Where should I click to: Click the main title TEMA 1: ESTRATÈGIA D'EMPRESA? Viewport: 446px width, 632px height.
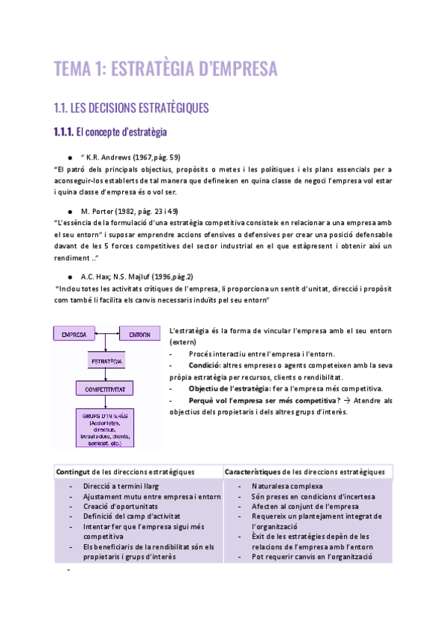[165, 69]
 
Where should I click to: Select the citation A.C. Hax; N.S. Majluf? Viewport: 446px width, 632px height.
[120, 275]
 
